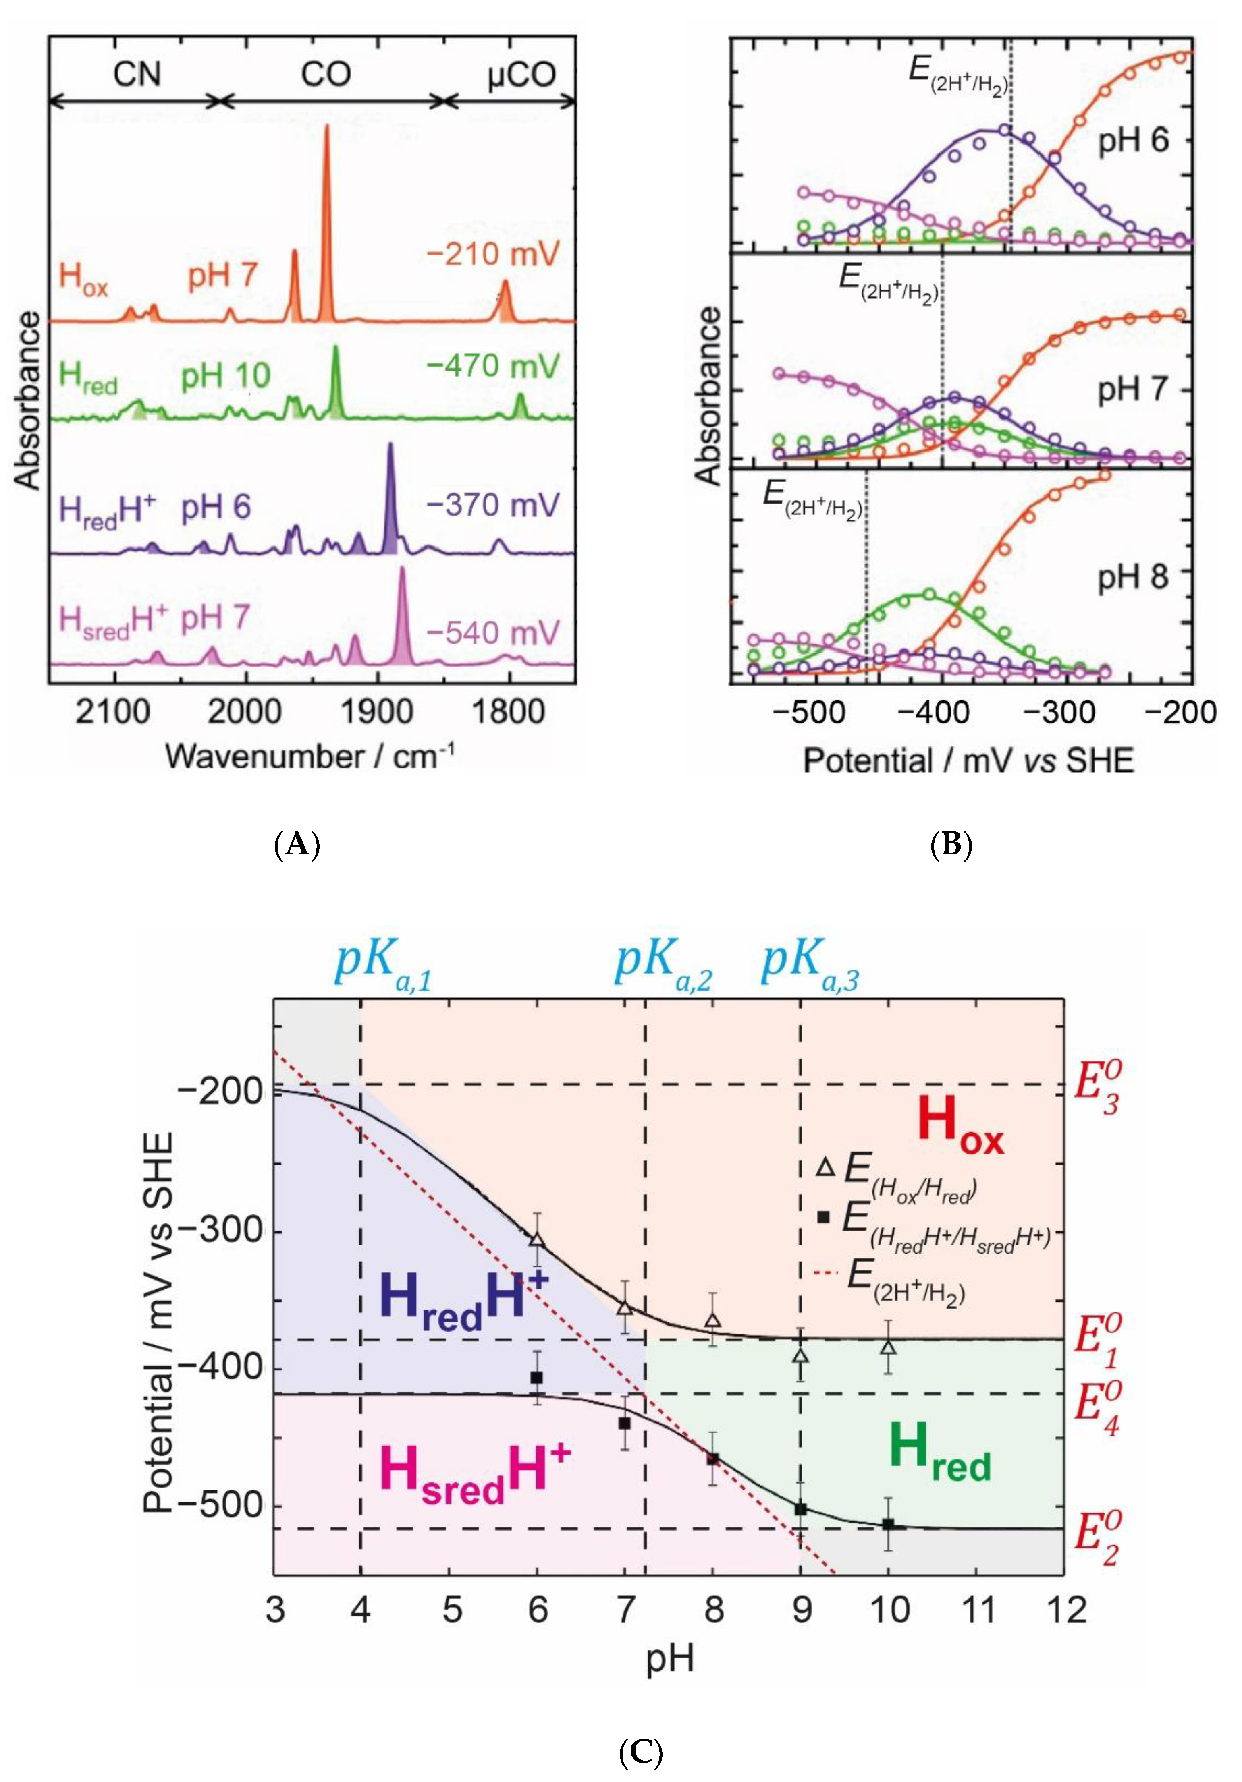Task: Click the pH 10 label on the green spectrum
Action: click(x=225, y=377)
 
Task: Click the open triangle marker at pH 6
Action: click(x=536, y=1239)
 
